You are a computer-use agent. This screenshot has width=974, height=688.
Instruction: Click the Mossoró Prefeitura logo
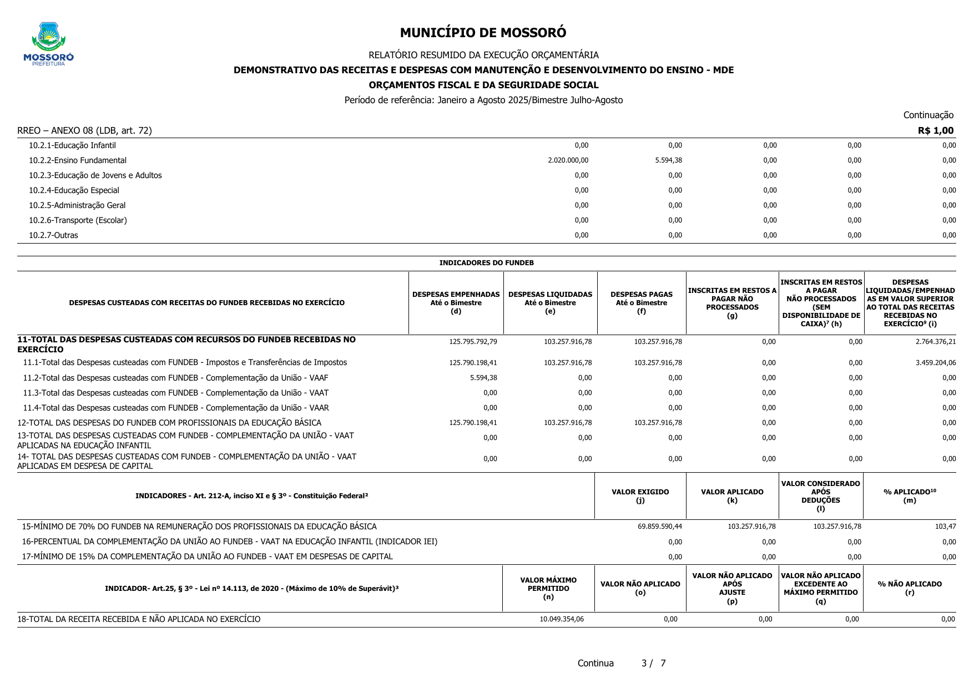[x=48, y=44]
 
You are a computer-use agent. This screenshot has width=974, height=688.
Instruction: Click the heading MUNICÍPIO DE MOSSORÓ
[x=483, y=33]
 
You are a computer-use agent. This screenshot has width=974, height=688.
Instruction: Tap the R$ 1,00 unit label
[x=935, y=130]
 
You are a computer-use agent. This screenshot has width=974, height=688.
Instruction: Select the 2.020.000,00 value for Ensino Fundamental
[x=568, y=160]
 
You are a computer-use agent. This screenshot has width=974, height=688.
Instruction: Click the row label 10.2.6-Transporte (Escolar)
[x=78, y=220]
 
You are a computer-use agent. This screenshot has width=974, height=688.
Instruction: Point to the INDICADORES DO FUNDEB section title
[x=486, y=263]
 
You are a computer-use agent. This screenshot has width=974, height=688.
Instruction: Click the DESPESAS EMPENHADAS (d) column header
[x=456, y=302]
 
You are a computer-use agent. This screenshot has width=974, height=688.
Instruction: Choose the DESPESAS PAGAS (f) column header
[x=641, y=302]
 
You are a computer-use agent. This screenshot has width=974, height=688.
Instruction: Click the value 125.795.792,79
[x=473, y=342]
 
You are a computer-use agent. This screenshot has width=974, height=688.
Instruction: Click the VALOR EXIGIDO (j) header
[x=640, y=496]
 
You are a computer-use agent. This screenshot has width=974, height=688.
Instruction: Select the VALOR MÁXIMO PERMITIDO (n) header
[x=548, y=588]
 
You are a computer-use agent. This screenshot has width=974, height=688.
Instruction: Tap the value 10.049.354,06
[x=561, y=619]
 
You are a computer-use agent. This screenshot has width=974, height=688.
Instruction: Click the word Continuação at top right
[x=928, y=115]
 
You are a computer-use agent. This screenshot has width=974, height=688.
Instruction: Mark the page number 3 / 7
[x=653, y=663]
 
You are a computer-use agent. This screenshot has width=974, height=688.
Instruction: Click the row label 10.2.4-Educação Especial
[x=74, y=190]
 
